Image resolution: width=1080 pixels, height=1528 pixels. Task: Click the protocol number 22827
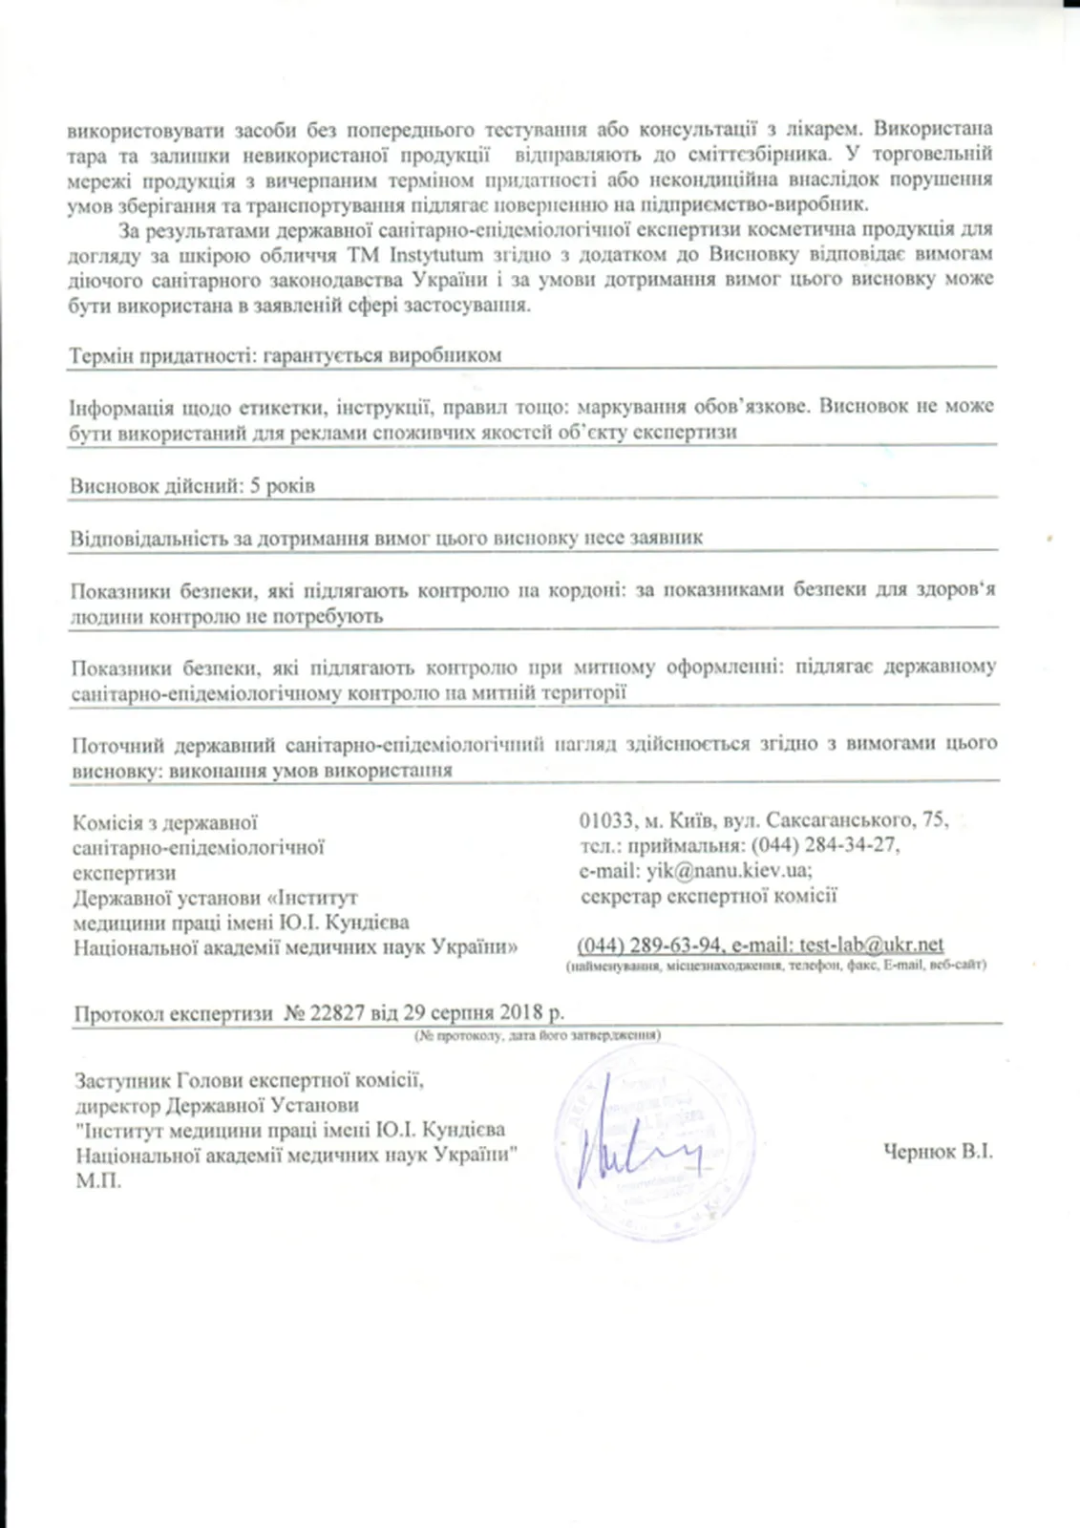pyautogui.click(x=338, y=1014)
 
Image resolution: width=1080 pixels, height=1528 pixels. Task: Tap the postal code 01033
pyautogui.click(x=606, y=820)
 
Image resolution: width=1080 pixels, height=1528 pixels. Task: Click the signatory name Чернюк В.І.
pyautogui.click(x=938, y=1152)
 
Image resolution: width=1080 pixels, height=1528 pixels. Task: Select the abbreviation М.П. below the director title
pyautogui.click(x=97, y=1181)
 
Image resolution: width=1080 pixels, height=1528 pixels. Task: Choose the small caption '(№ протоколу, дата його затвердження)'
pyautogui.click(x=537, y=1035)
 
